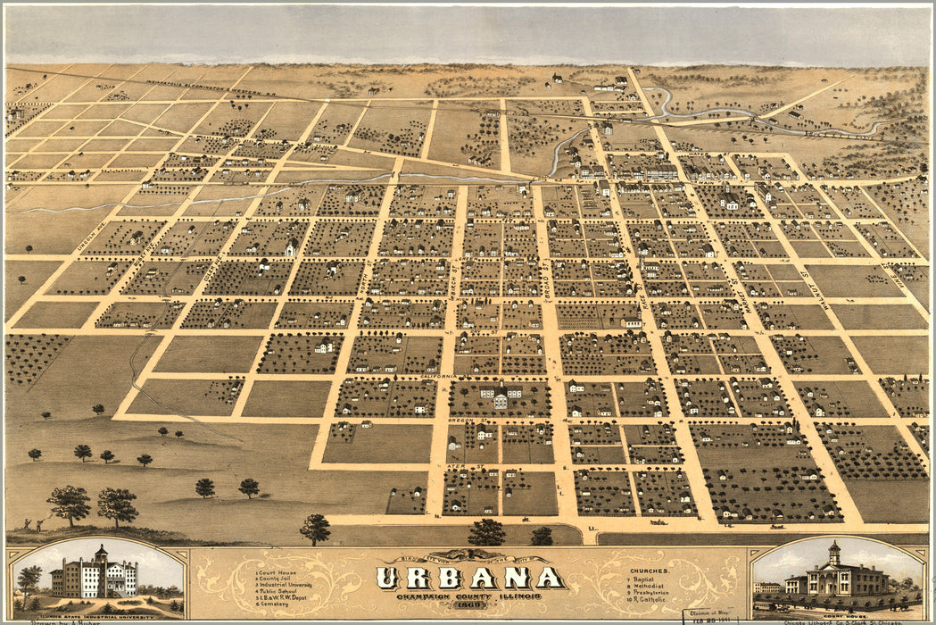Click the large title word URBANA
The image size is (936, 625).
coord(469,578)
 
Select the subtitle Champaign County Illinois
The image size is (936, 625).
coord(470,594)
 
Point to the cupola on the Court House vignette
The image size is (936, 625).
coord(833,552)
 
